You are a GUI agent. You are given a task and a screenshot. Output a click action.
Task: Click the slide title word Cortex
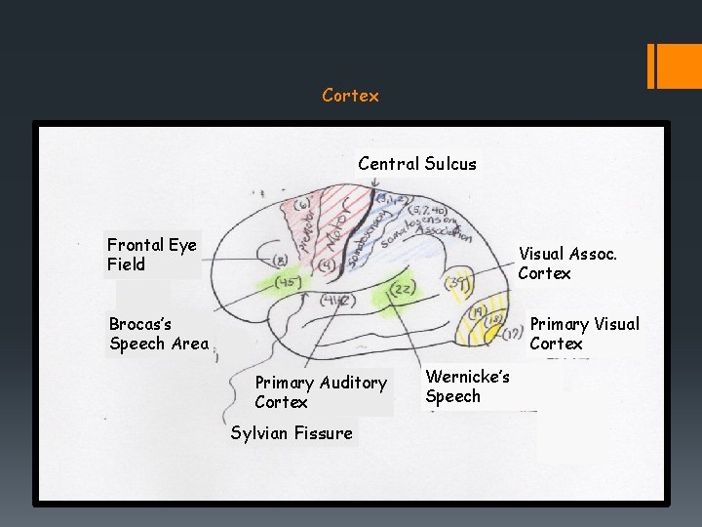coord(350,96)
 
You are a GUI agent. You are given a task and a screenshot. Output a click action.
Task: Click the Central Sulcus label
coord(417,164)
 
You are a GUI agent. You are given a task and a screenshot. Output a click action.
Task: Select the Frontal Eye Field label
coord(152,255)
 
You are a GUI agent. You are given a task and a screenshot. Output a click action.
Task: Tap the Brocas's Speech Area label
coord(159,334)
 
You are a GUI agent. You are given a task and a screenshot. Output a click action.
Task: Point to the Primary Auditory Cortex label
coord(321,392)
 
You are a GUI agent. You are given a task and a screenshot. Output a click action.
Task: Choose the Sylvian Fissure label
coord(292,432)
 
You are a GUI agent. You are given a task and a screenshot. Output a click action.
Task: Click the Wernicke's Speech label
coord(468,386)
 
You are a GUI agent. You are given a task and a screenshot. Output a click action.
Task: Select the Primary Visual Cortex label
coord(584,334)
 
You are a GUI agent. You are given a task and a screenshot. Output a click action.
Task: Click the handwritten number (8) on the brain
coord(281,261)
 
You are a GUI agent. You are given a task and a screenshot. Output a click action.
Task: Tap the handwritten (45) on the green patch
coord(287,283)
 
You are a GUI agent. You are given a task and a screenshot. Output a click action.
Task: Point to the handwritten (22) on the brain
coord(402,289)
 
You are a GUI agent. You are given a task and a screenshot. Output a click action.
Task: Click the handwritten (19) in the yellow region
coord(477,312)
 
